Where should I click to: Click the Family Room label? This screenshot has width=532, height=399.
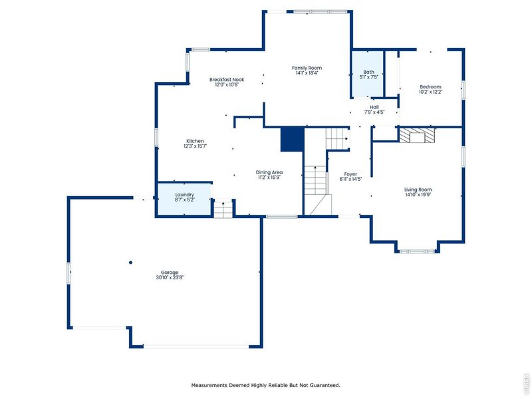click(307, 67)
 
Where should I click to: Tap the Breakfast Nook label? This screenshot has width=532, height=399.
click(227, 79)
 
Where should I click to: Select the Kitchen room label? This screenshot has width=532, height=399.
click(195, 141)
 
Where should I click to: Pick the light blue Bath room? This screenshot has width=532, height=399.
click(368, 74)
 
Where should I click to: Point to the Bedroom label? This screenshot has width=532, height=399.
click(430, 86)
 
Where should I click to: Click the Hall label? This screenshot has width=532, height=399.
click(374, 107)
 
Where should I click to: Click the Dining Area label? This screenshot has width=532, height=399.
click(269, 172)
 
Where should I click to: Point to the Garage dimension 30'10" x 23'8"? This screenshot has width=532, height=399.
click(169, 278)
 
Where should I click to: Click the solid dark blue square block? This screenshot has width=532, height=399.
click(292, 139)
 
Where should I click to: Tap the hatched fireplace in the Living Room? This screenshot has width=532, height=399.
click(417, 135)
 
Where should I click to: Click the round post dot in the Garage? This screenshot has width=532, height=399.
click(131, 262)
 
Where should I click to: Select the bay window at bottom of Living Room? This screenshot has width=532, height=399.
click(417, 251)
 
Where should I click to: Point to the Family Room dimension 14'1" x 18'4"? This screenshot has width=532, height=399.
click(307, 73)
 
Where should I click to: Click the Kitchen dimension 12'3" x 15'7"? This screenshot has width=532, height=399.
click(195, 146)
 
